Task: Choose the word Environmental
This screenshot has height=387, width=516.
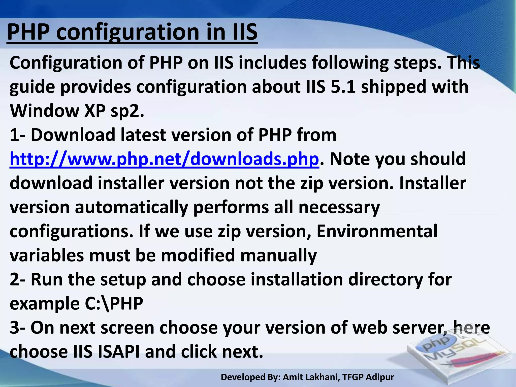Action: [x=377, y=231]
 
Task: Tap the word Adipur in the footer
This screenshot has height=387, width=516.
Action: [x=380, y=377]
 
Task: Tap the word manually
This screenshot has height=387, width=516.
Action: [x=279, y=255]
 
